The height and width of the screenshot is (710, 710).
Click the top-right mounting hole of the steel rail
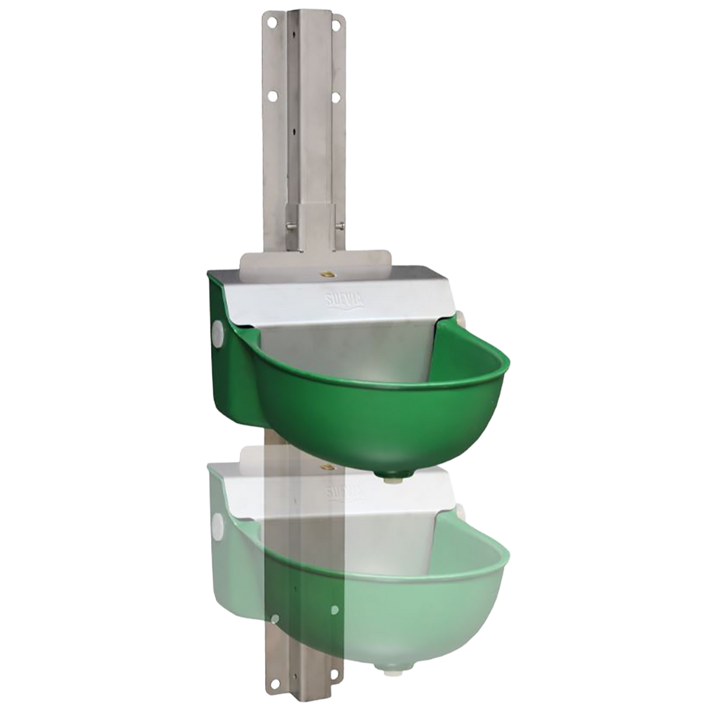[x=337, y=24]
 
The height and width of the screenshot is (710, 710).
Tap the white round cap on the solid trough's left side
[x=219, y=329]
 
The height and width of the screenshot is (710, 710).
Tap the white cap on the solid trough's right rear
[x=464, y=319]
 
